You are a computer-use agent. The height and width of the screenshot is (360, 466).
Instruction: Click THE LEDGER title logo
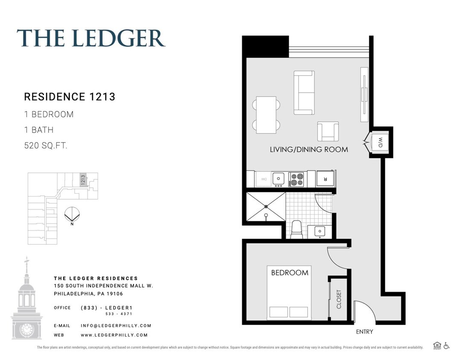tap(91, 38)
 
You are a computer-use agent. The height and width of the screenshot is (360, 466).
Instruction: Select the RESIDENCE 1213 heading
tap(70, 97)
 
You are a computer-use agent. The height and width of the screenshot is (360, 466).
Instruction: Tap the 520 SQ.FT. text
tap(46, 145)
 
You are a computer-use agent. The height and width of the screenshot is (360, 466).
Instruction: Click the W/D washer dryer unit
tap(380, 142)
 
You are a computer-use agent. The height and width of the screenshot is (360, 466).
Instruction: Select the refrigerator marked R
tap(325, 179)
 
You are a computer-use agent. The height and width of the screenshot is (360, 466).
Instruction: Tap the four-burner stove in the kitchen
tap(296, 179)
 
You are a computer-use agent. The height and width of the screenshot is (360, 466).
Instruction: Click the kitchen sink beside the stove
tap(279, 179)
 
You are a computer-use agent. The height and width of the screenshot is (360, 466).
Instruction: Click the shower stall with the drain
tap(265, 207)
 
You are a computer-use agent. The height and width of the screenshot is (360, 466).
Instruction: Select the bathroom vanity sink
tap(320, 232)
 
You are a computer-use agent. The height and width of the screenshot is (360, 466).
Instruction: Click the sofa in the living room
tap(304, 93)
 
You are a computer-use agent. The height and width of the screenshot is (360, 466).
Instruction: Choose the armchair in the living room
tap(328, 131)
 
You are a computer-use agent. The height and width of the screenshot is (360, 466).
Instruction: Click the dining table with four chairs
tap(266, 114)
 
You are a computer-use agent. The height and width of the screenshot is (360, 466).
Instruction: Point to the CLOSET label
tap(339, 299)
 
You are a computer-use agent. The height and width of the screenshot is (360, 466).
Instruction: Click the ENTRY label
tap(364, 331)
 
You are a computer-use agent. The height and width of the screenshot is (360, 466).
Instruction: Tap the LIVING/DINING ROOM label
tap(309, 149)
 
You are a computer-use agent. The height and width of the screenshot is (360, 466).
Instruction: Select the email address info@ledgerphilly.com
tap(116, 325)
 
